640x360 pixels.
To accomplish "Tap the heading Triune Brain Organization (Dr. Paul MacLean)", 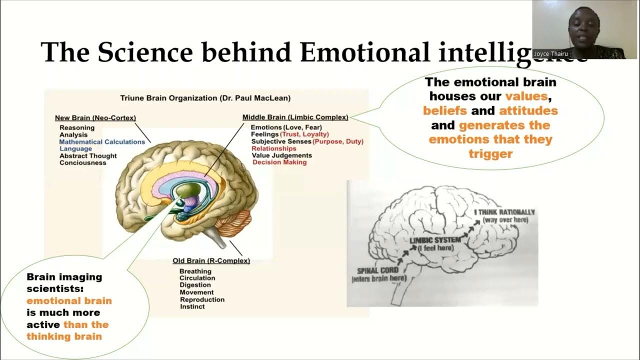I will click(x=205, y=98).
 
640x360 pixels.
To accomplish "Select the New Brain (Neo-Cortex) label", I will click(x=95, y=118).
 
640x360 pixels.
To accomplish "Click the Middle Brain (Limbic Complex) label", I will click(x=295, y=117).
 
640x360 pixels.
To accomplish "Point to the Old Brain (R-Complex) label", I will click(x=211, y=261).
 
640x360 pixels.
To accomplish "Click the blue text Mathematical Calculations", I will click(x=102, y=142).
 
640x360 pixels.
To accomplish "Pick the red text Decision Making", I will click(x=279, y=162).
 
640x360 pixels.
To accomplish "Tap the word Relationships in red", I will click(x=273, y=148).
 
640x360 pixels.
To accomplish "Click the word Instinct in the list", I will click(x=192, y=306).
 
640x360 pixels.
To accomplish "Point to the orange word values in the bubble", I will click(x=526, y=96).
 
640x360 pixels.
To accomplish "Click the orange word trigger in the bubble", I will click(x=490, y=154).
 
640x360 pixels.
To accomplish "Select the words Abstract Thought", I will click(x=88, y=156).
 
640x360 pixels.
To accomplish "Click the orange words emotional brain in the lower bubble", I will click(x=69, y=301).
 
